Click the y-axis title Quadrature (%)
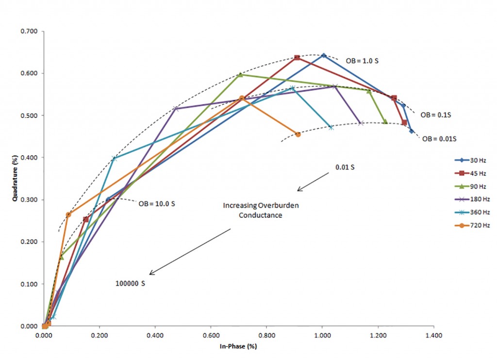tap(16, 179)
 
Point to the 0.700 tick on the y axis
tap(31, 32)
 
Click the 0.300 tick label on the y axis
tap(31, 200)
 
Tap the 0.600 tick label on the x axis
tap(211, 335)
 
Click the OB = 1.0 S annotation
tap(362, 62)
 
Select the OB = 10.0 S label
tap(156, 204)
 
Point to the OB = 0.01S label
tap(439, 139)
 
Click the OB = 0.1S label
tap(435, 115)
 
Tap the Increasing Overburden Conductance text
tap(261, 211)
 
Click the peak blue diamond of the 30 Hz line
tap(324, 55)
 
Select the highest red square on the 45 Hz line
tap(297, 58)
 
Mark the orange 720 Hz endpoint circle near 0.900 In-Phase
tap(298, 134)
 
